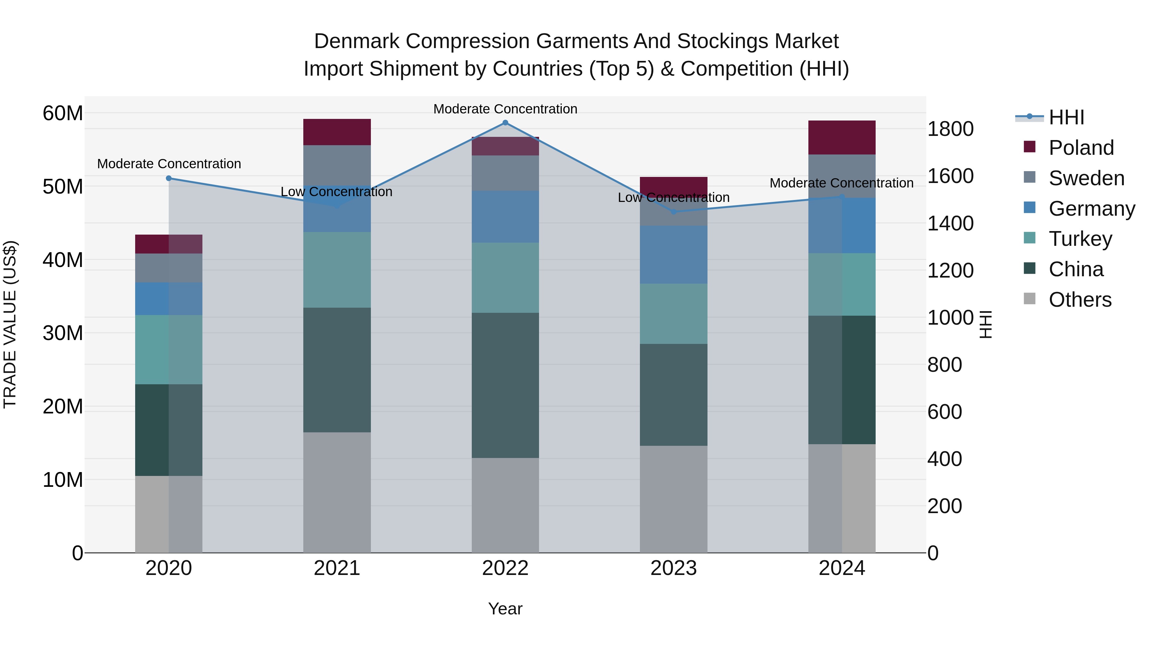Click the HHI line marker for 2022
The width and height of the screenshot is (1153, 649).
pos(505,123)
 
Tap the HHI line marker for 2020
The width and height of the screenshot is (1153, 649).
pos(169,178)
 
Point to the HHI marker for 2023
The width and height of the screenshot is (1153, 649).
pos(674,212)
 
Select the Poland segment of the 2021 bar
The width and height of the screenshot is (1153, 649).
pos(337,132)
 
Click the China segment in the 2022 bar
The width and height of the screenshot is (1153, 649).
pos(505,385)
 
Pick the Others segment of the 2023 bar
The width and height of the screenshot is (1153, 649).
pos(674,499)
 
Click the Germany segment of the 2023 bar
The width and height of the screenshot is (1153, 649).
pos(674,254)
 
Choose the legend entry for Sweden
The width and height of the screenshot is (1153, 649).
pos(1086,178)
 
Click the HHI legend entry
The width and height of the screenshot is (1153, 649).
pos(1066,117)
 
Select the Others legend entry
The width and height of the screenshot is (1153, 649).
pos(1080,300)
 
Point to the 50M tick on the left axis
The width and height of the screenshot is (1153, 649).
pos(63,186)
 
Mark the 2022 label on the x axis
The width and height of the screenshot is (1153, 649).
pos(505,568)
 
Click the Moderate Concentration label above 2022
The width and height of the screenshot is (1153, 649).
pos(505,109)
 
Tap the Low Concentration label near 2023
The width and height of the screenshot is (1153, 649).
pos(674,197)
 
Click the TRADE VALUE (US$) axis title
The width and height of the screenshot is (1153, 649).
pos(10,324)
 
